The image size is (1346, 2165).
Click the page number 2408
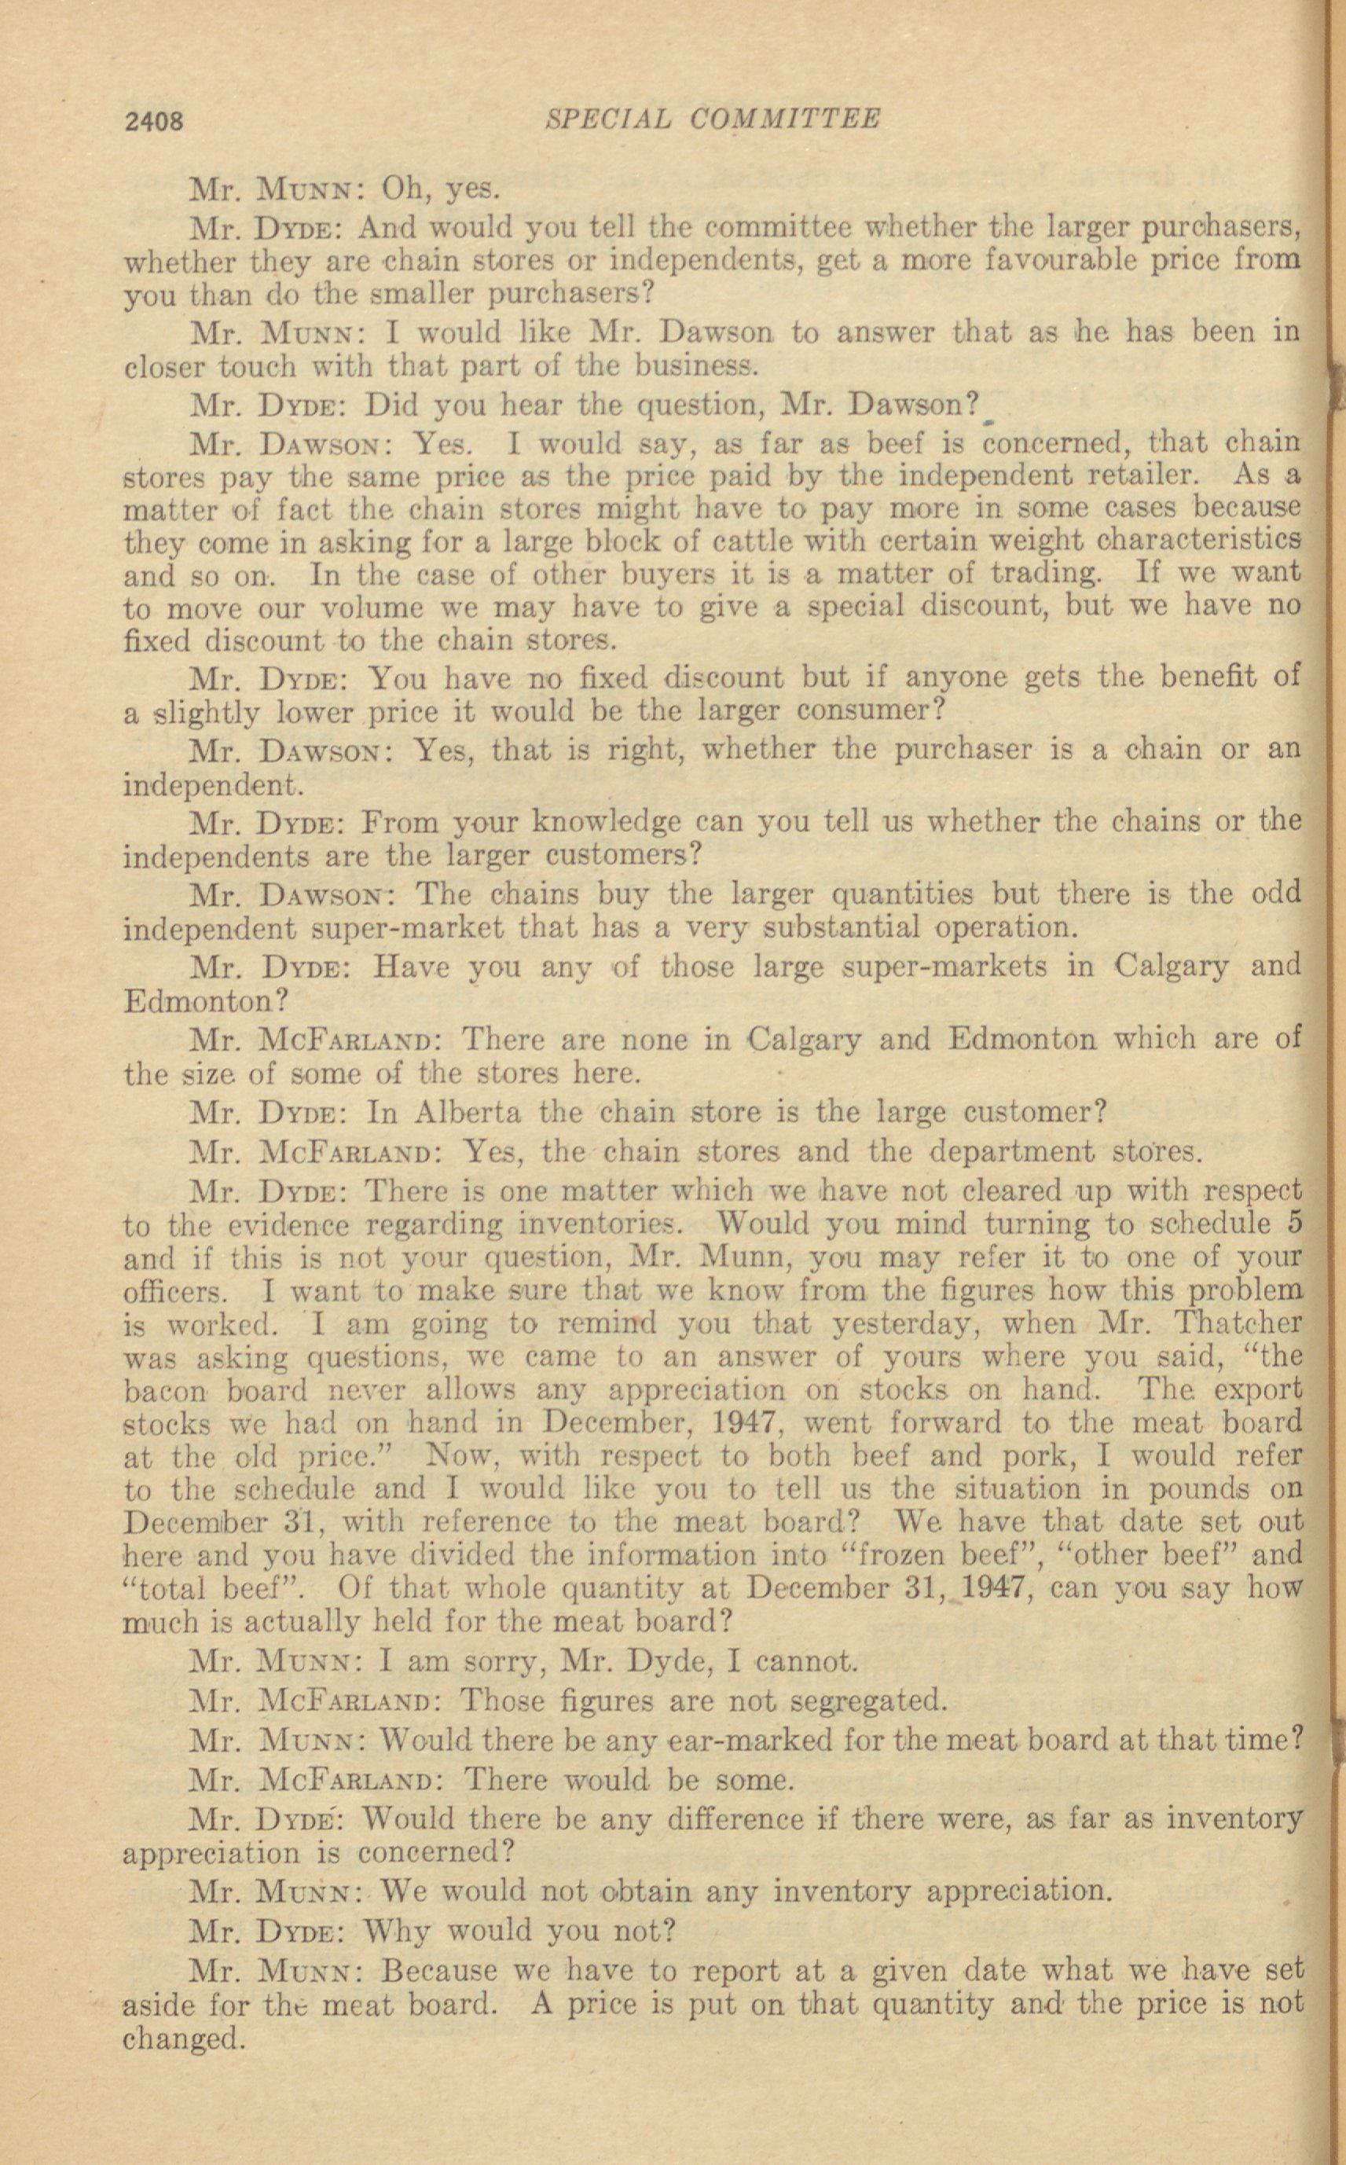[155, 121]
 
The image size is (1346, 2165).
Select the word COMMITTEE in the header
[785, 119]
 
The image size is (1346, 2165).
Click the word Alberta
[468, 1113]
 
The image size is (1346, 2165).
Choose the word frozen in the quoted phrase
[919, 1554]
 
